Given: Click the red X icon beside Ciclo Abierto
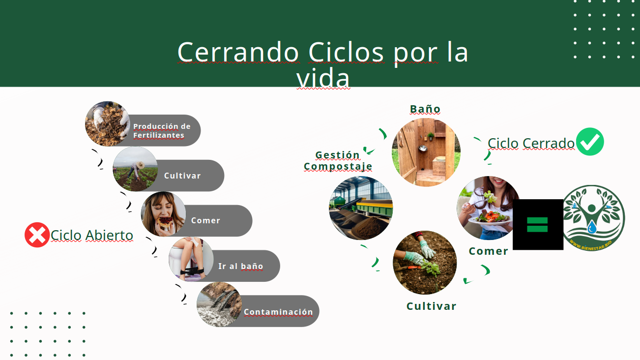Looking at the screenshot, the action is (x=37, y=235).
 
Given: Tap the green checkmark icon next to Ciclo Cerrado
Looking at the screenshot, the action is (x=590, y=142).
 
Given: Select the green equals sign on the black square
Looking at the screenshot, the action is (x=537, y=224).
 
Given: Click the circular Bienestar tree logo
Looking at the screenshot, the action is (x=594, y=218).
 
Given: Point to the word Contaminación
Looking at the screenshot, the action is (x=278, y=312).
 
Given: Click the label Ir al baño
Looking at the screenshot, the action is (x=240, y=266).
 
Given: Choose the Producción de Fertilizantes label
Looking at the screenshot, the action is (x=162, y=131).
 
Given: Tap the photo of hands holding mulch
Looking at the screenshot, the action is (x=108, y=124).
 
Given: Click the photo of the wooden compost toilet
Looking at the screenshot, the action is (x=426, y=152).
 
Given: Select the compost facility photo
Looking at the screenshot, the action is (x=361, y=208).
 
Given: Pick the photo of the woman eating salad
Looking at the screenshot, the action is (x=488, y=208).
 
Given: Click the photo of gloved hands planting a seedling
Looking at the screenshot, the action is (x=425, y=263).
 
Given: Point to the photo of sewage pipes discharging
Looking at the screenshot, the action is (x=219, y=304).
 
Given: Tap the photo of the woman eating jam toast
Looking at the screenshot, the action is (x=163, y=214).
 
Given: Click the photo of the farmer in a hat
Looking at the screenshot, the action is (x=136, y=169).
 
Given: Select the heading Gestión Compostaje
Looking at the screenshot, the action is (x=338, y=160).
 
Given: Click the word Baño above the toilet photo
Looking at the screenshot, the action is (x=425, y=109).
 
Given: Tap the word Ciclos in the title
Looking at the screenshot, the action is (x=346, y=52).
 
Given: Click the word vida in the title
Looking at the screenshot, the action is (x=323, y=77).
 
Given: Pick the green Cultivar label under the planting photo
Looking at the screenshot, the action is (x=432, y=306).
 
